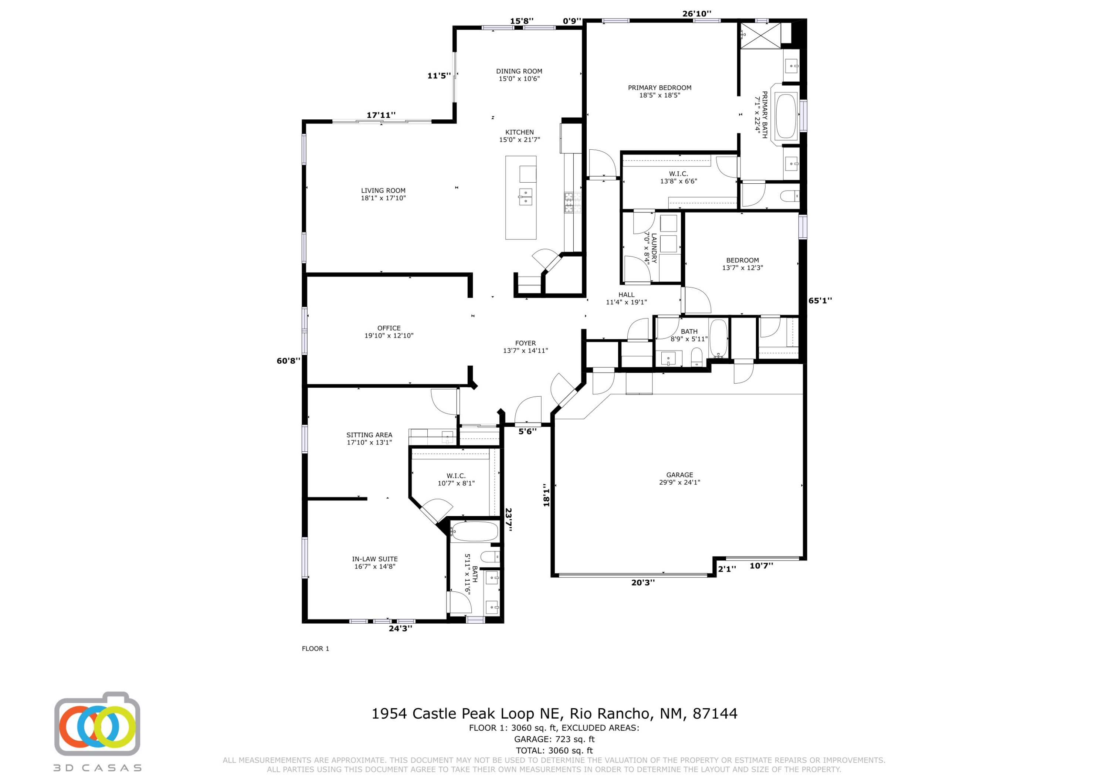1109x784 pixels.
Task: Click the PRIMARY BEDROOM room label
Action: coord(659,91)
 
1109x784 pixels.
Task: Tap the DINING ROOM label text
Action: coord(519,75)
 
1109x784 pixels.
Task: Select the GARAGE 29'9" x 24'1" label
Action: coord(679,478)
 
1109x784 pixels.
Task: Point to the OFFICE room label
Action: coord(389,331)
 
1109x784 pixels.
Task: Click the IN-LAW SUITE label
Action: coord(375,562)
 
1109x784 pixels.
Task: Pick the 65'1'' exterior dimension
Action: coord(820,301)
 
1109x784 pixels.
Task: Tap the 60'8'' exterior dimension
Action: coord(288,361)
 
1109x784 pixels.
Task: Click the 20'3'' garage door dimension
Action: coord(643,583)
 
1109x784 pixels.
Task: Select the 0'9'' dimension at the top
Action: coord(572,21)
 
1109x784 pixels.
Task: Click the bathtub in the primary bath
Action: coord(786,116)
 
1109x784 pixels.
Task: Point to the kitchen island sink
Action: coord(525,196)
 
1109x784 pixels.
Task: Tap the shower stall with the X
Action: coord(761,35)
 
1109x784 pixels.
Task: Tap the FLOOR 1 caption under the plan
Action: coord(315,648)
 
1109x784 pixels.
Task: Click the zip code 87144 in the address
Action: coord(715,713)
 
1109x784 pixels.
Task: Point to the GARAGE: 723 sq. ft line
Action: coord(554,739)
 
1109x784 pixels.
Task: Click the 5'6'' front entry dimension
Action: coord(528,431)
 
